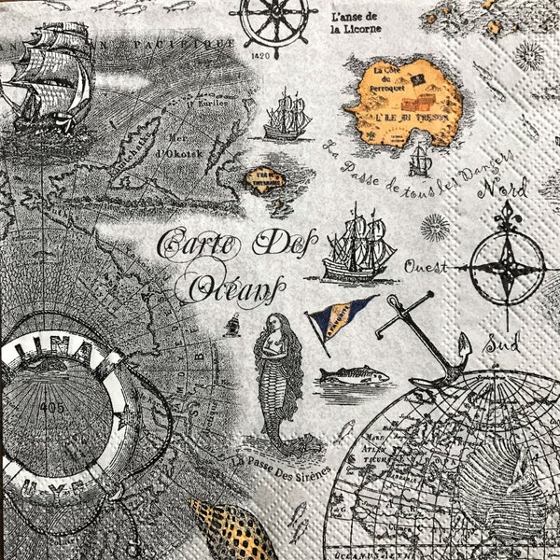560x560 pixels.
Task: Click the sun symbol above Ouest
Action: pos(434,227)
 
